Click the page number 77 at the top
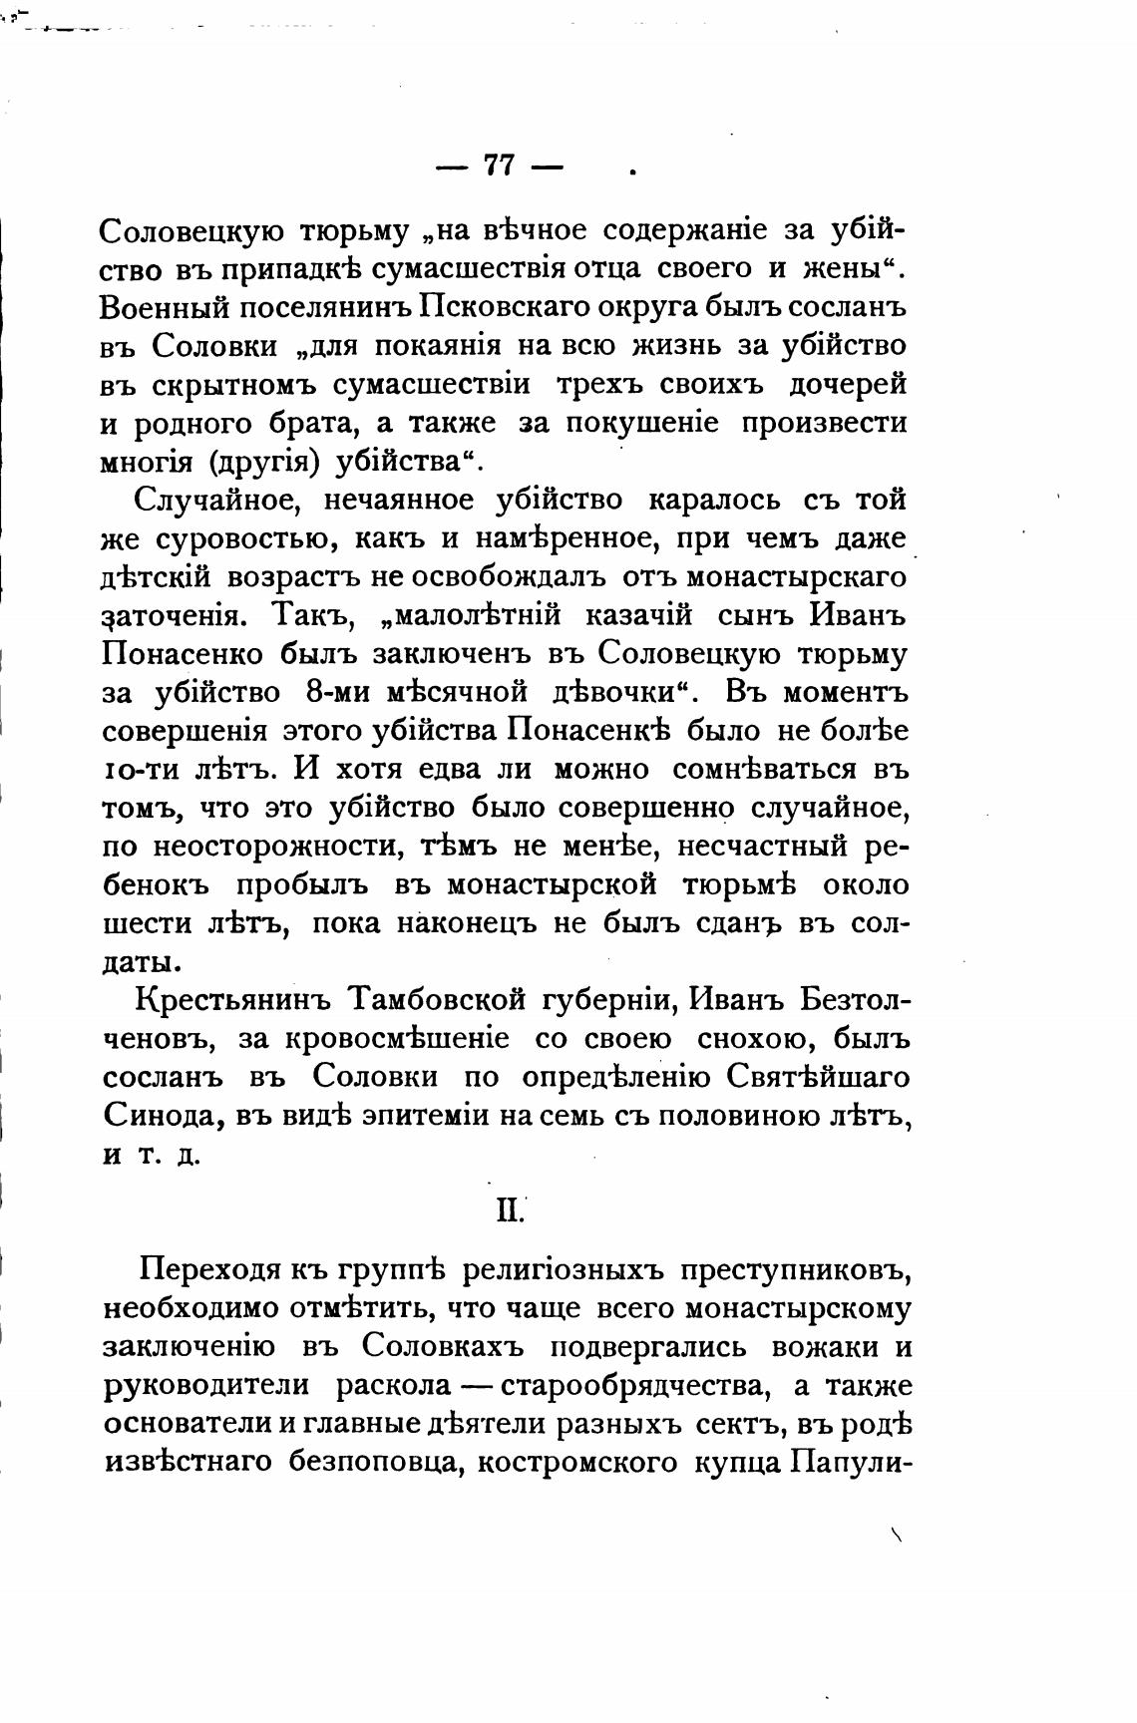tap(499, 165)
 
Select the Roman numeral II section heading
tap(509, 1210)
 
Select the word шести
tap(146, 923)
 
